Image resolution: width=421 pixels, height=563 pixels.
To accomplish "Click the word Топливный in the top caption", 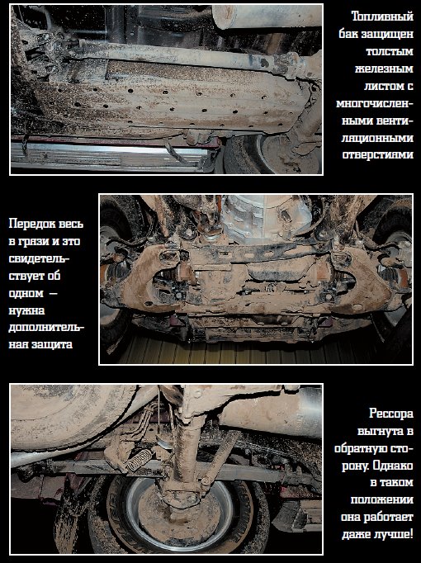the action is (382, 17).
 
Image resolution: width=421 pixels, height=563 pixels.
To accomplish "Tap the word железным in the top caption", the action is (384, 69).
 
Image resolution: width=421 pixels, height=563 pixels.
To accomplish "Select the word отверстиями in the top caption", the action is (377, 154).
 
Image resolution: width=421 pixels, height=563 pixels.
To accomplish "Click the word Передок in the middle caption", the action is (31, 224).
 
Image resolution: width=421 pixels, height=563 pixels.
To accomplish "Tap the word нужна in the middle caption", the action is (26, 310).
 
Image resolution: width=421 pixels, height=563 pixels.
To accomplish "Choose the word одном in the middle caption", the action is (26, 293).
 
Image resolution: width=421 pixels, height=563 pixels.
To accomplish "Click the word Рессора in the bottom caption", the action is (391, 414).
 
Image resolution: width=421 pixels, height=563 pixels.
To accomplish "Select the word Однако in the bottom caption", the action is (393, 466).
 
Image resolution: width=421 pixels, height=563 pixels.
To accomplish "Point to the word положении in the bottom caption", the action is (382, 500).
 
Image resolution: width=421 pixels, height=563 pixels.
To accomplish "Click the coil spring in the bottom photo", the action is (139, 460).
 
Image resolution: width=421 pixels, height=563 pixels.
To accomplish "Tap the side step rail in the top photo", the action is (107, 155).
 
